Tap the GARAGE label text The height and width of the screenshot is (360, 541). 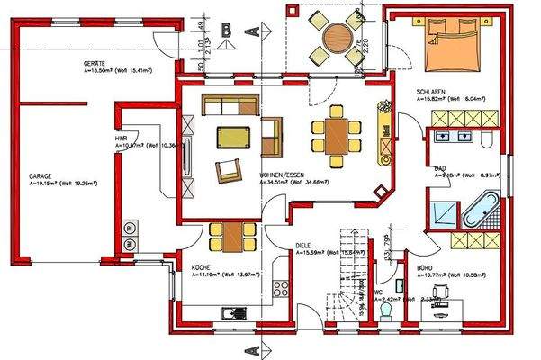point(40,176)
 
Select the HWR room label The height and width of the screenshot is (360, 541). point(121,139)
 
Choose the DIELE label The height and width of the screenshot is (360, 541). point(303,246)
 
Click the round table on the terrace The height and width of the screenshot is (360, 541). point(338,38)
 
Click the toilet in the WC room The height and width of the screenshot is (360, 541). point(385,310)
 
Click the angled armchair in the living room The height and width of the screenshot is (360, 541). point(229,168)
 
